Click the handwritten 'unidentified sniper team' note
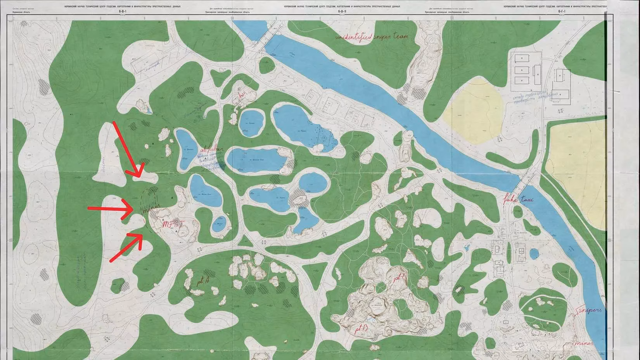point(372,37)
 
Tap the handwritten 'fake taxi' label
point(519,200)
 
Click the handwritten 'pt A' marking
point(202,281)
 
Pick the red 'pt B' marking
point(362,329)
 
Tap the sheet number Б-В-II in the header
point(341,11)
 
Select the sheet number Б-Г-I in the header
point(562,11)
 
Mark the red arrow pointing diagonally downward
point(128,149)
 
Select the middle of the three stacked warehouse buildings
point(522,70)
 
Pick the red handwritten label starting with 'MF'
point(172,224)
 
